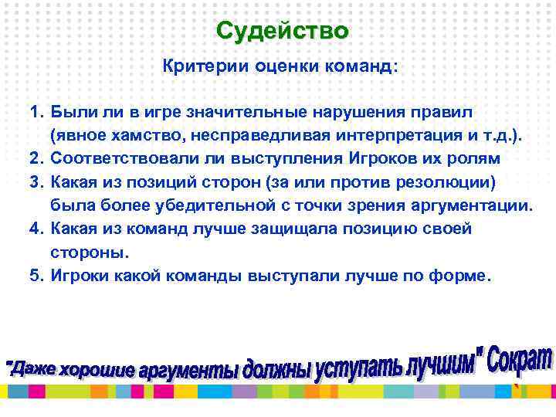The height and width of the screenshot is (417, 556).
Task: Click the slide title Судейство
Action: point(282,31)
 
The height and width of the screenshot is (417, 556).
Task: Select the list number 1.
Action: point(36,114)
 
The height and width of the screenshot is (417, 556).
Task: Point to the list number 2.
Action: point(36,158)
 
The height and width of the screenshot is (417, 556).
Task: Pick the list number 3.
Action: point(36,181)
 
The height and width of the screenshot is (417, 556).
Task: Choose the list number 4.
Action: point(36,229)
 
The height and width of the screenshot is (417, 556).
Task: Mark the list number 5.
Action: point(36,276)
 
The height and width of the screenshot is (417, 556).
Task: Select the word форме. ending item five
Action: point(458,276)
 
